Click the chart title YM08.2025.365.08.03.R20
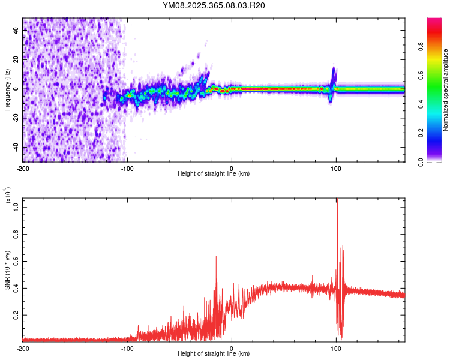click(214, 6)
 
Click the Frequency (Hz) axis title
click(7, 89)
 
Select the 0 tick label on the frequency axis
click(16, 89)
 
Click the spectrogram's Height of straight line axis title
click(214, 174)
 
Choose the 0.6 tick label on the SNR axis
click(16, 261)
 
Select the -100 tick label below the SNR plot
click(127, 349)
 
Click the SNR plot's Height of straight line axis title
click(214, 355)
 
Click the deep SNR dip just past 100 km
click(341, 336)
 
